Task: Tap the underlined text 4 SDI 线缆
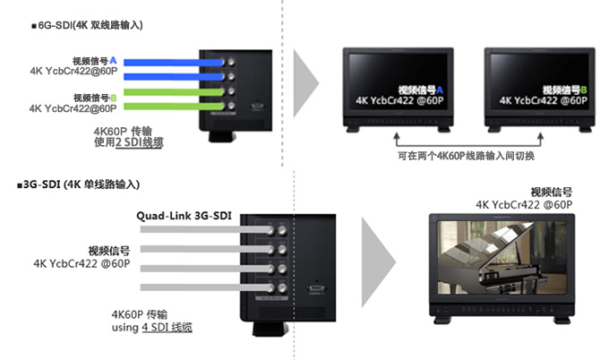click(x=168, y=328)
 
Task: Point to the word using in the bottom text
click(x=123, y=328)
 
